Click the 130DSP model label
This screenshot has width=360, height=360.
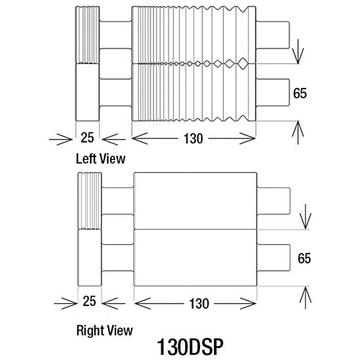[x=190, y=346]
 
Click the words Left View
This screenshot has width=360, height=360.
[x=101, y=159]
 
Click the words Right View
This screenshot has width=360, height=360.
[x=104, y=330]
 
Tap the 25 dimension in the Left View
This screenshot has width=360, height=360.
[x=87, y=138]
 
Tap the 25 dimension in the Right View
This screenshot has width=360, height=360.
[x=89, y=301]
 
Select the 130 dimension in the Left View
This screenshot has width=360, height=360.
[x=193, y=139]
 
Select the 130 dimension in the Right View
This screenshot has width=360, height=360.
[x=199, y=304]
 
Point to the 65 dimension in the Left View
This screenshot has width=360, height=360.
[x=300, y=93]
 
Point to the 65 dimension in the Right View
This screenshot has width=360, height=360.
[x=305, y=258]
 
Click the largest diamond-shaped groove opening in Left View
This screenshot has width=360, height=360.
[x=243, y=63]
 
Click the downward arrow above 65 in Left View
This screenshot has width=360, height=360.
[x=298, y=52]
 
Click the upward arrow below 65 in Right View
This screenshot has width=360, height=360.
[x=305, y=298]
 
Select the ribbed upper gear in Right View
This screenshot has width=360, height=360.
[x=90, y=201]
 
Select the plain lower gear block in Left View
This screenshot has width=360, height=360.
[x=87, y=92]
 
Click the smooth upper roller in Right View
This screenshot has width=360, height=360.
[x=195, y=201]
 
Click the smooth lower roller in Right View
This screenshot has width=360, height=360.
[x=195, y=258]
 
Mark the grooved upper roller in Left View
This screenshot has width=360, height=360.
[x=194, y=35]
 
